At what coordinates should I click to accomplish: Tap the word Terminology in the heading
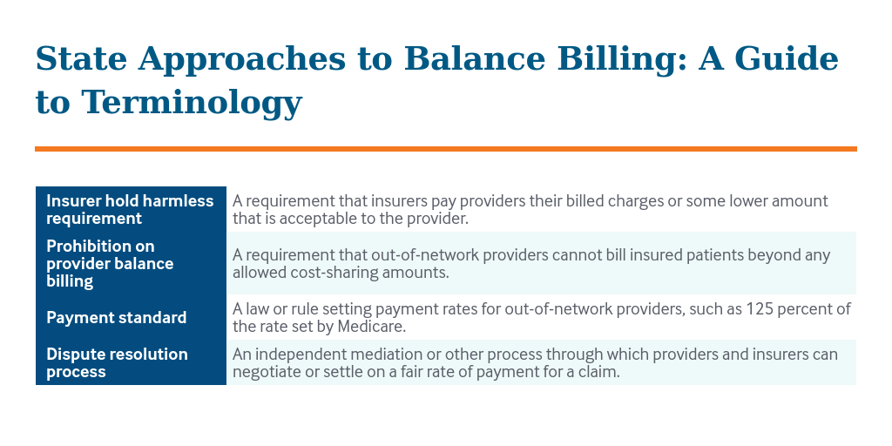(192, 103)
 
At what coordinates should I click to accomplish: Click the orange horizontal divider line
(445, 149)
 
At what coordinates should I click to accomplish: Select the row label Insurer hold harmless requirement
(130, 209)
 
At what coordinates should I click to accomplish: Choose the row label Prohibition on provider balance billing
(110, 263)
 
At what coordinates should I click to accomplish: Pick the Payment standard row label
(116, 317)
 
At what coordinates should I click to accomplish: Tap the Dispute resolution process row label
(117, 362)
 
